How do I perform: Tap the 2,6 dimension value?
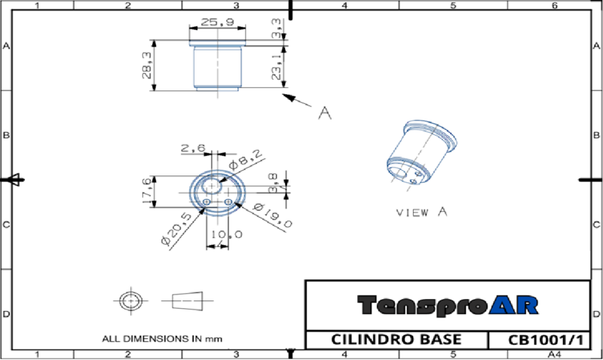pyautogui.click(x=193, y=150)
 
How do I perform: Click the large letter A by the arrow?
pyautogui.click(x=325, y=113)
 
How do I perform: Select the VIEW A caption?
pyautogui.click(x=422, y=212)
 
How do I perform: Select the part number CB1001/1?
pyautogui.click(x=538, y=340)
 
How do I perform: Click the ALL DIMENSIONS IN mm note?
pyautogui.click(x=162, y=338)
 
